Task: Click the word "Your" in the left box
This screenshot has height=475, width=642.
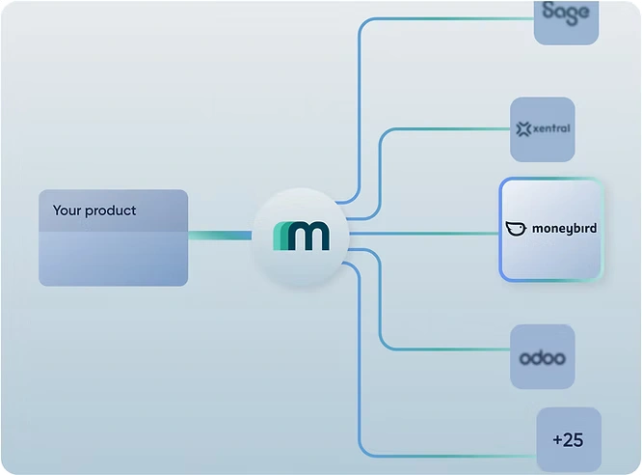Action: pos(67,210)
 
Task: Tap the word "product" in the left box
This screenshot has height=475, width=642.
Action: pos(111,211)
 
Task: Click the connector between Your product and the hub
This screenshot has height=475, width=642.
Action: pos(219,235)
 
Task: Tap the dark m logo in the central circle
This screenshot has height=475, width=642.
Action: pos(308,236)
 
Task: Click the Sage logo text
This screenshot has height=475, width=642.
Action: pos(566,13)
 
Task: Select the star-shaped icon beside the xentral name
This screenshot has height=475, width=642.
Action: pos(524,128)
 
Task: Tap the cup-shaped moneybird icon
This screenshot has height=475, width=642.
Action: pos(516,229)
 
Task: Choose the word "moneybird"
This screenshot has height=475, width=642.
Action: pos(564,229)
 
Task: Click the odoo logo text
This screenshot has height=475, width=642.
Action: pos(542,358)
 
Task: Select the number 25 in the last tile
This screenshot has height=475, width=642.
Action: pos(574,440)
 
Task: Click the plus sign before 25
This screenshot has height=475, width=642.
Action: pos(558,440)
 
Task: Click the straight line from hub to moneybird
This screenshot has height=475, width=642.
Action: pos(424,233)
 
